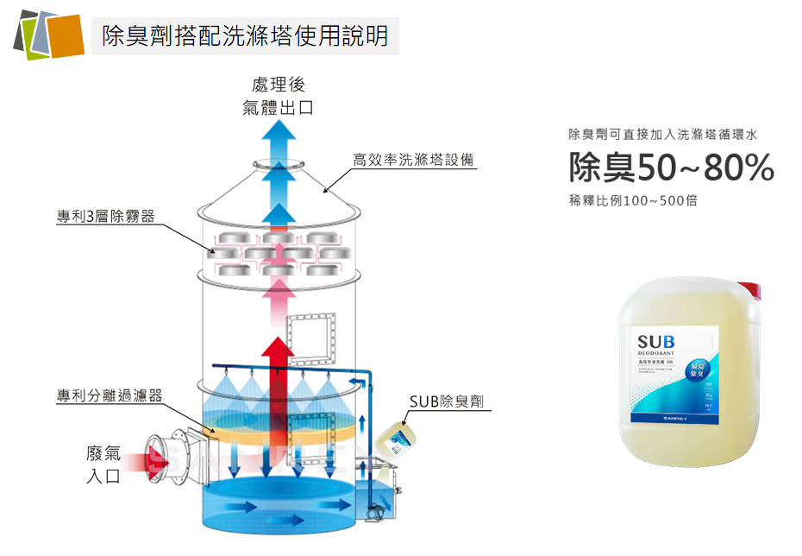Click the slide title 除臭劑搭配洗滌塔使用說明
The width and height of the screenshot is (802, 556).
[245, 35]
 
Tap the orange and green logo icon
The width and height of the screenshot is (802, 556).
[48, 34]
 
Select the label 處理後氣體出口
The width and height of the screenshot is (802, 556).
[278, 96]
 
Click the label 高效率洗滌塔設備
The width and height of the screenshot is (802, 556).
[413, 160]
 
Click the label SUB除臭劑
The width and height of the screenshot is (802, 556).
[446, 401]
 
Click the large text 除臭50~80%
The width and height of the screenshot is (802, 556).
[671, 169]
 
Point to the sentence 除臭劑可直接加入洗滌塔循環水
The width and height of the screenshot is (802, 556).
[662, 135]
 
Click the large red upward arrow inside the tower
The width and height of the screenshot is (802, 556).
[278, 380]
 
